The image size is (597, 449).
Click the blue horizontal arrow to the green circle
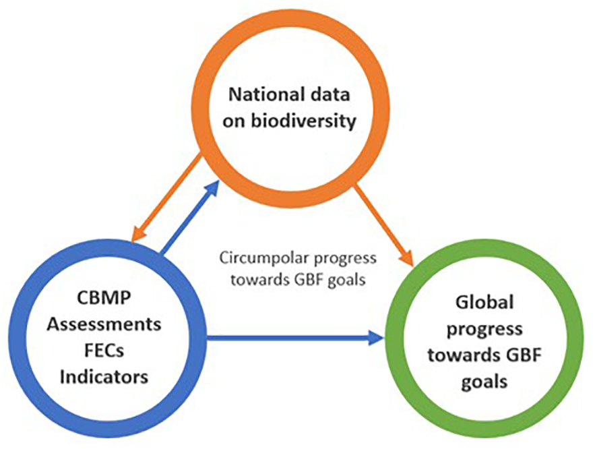(296, 337)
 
